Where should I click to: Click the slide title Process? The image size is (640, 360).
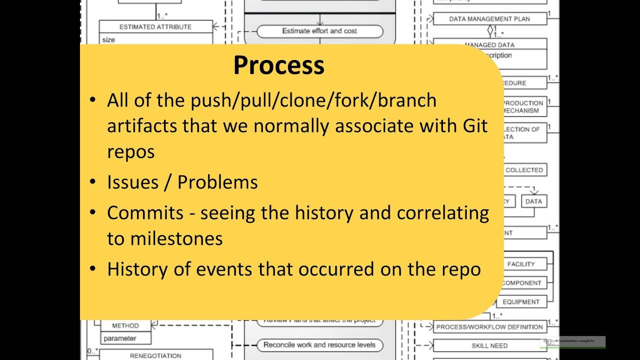[x=278, y=65]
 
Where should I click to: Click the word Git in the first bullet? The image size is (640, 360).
[x=473, y=125]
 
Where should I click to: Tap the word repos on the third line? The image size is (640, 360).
[x=130, y=151]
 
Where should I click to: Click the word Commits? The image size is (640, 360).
[x=145, y=213]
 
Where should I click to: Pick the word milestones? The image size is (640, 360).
[x=176, y=238]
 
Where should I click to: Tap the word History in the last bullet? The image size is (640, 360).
[x=137, y=269]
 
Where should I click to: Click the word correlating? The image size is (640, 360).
[x=442, y=213]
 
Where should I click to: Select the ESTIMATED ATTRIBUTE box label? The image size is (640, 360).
[x=155, y=27]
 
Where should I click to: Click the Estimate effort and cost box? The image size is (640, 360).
[x=319, y=31]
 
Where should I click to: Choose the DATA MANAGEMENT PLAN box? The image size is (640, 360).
[x=489, y=19]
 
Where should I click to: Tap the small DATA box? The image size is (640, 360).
[x=533, y=201]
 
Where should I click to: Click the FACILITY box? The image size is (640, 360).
[x=521, y=264]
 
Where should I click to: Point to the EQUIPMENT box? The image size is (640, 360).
[x=521, y=302]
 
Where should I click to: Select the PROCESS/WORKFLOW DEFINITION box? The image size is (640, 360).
[x=489, y=327]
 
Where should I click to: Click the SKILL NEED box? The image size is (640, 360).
[x=489, y=345]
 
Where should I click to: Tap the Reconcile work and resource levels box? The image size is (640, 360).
[x=319, y=344]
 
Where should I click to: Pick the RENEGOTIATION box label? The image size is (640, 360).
[x=155, y=355]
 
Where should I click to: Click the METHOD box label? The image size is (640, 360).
[x=125, y=325]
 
